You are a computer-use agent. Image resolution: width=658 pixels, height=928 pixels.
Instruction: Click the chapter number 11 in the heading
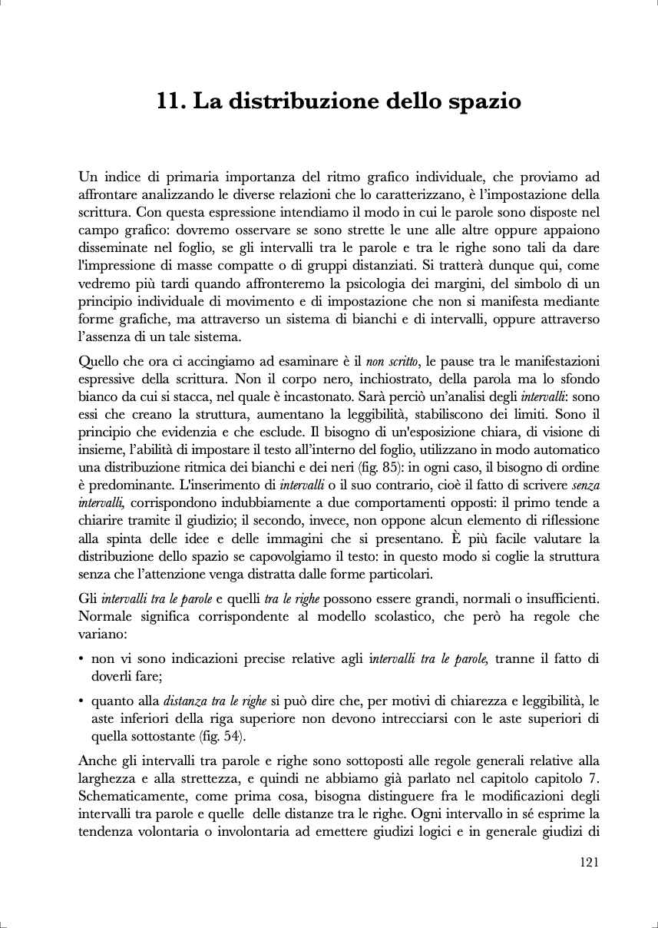pyautogui.click(x=169, y=101)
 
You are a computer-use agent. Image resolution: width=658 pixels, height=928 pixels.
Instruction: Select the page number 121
pyautogui.click(x=589, y=862)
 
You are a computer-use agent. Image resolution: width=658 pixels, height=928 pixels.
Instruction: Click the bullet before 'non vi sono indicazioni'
pyautogui.click(x=81, y=658)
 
